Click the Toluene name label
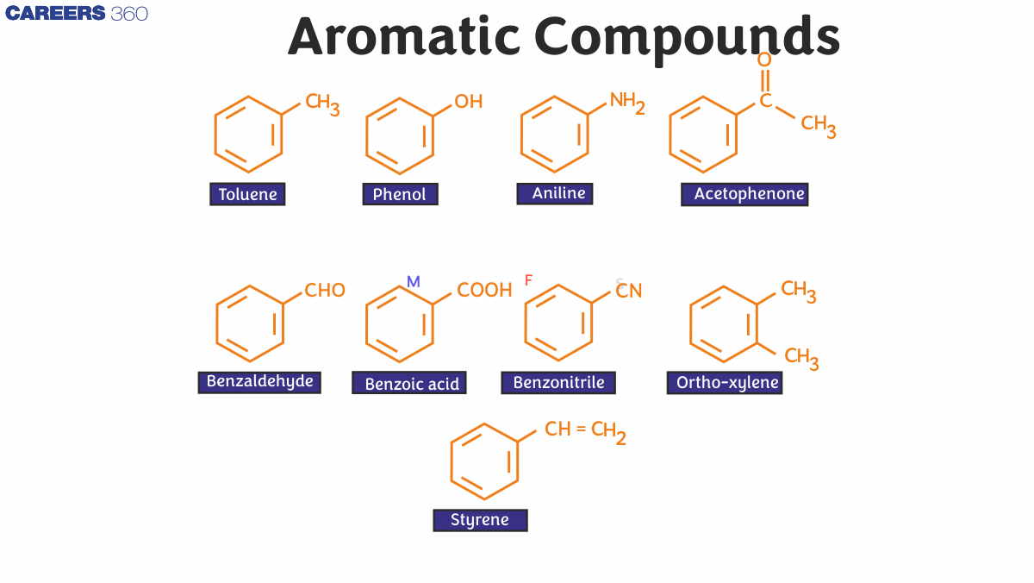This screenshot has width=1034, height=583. [x=247, y=194]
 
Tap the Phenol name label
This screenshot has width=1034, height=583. [x=400, y=194]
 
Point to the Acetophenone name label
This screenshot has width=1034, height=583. [x=744, y=194]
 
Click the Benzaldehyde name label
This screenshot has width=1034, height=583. [x=259, y=381]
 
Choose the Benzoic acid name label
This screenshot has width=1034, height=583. [x=409, y=383]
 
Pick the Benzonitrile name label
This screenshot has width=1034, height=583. [x=558, y=382]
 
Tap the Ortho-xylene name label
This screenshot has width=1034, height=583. [x=725, y=382]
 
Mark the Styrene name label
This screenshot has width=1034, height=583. [x=480, y=520]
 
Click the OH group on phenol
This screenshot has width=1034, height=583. [x=469, y=102]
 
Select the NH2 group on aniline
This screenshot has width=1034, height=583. [x=626, y=102]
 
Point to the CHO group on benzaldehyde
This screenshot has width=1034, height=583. [x=325, y=291]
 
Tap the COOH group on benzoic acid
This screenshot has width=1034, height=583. [x=484, y=291]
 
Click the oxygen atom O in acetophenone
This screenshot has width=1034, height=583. [x=764, y=60]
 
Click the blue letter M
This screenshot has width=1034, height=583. [x=414, y=282]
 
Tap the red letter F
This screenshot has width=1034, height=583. [x=529, y=280]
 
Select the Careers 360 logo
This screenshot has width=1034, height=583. [x=77, y=14]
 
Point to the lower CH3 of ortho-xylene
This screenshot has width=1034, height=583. [x=800, y=357]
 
